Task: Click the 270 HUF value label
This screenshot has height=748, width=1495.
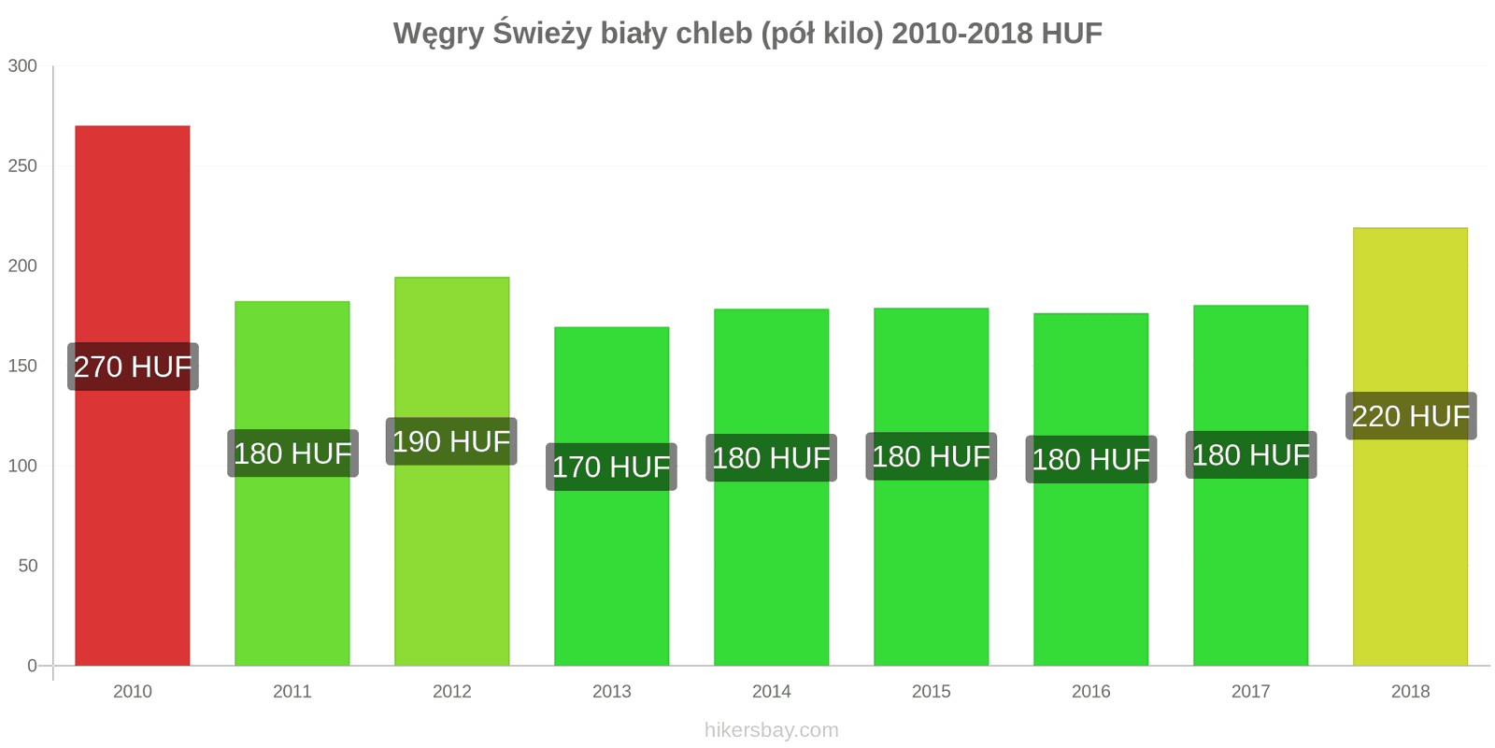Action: [x=133, y=367]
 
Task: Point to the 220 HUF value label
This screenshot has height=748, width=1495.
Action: [x=1411, y=416]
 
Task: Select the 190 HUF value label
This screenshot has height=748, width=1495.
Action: [x=451, y=441]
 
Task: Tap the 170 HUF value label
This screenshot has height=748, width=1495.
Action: [x=611, y=467]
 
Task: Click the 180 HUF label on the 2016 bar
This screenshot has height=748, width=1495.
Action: [x=1090, y=459]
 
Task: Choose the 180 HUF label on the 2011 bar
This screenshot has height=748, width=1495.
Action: [x=292, y=453]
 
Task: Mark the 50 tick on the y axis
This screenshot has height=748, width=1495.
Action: [x=27, y=566]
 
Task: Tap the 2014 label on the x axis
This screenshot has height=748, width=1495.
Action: [x=771, y=692]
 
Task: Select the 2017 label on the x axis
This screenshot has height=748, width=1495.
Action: [x=1250, y=692]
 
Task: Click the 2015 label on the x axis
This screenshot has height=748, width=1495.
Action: [x=931, y=692]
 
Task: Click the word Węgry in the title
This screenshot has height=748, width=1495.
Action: [x=437, y=34]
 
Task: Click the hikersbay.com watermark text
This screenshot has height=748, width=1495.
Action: [x=771, y=730]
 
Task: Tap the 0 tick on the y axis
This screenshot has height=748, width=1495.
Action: [x=32, y=666]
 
